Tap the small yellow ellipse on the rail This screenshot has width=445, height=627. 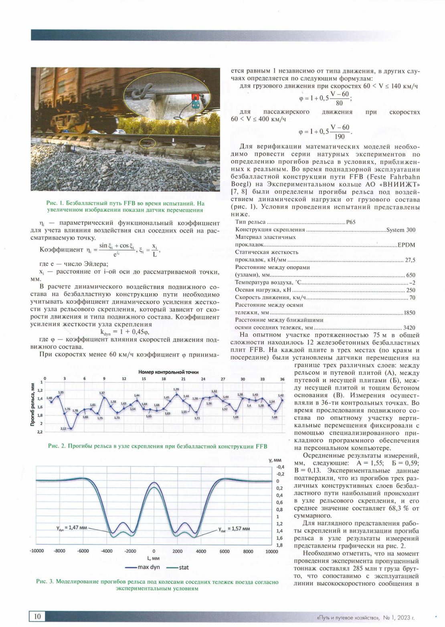pyautogui.click(x=147, y=142)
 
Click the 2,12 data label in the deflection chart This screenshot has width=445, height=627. pyautogui.click(x=63, y=429)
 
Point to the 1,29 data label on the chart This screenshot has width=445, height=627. pyautogui.click(x=176, y=389)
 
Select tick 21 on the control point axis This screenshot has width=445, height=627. pyautogui.click(x=183, y=379)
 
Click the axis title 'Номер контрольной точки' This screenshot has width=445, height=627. pyautogui.click(x=168, y=372)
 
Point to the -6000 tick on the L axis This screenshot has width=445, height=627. pyautogui.click(x=83, y=551)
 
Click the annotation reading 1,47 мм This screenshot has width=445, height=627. pyautogui.click(x=72, y=528)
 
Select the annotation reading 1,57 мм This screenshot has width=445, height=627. pyautogui.click(x=234, y=529)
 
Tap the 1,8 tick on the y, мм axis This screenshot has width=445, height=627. pyautogui.click(x=279, y=545)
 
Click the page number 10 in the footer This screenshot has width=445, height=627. pyautogui.click(x=37, y=616)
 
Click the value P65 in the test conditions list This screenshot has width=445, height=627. pyautogui.click(x=351, y=222)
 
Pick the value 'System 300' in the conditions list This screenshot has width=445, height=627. pyautogui.click(x=401, y=230)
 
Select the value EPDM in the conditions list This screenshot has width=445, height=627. pyautogui.click(x=406, y=245)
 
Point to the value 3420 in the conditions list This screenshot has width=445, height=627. pyautogui.click(x=409, y=328)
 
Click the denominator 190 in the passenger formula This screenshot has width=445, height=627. pyautogui.click(x=340, y=137)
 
